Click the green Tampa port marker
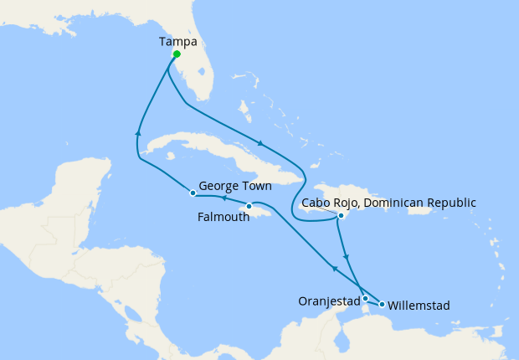(x=177, y=55)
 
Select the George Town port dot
(x=193, y=193)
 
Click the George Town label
(x=235, y=187)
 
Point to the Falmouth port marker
(x=249, y=206)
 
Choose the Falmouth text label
(x=224, y=216)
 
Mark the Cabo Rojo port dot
(x=341, y=216)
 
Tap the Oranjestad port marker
(x=365, y=298)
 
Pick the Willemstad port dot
(x=382, y=304)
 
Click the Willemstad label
(x=419, y=306)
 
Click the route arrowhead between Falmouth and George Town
(x=223, y=198)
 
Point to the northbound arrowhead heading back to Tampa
(x=138, y=131)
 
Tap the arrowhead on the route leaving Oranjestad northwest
(x=334, y=268)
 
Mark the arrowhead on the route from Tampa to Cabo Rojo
(x=262, y=143)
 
